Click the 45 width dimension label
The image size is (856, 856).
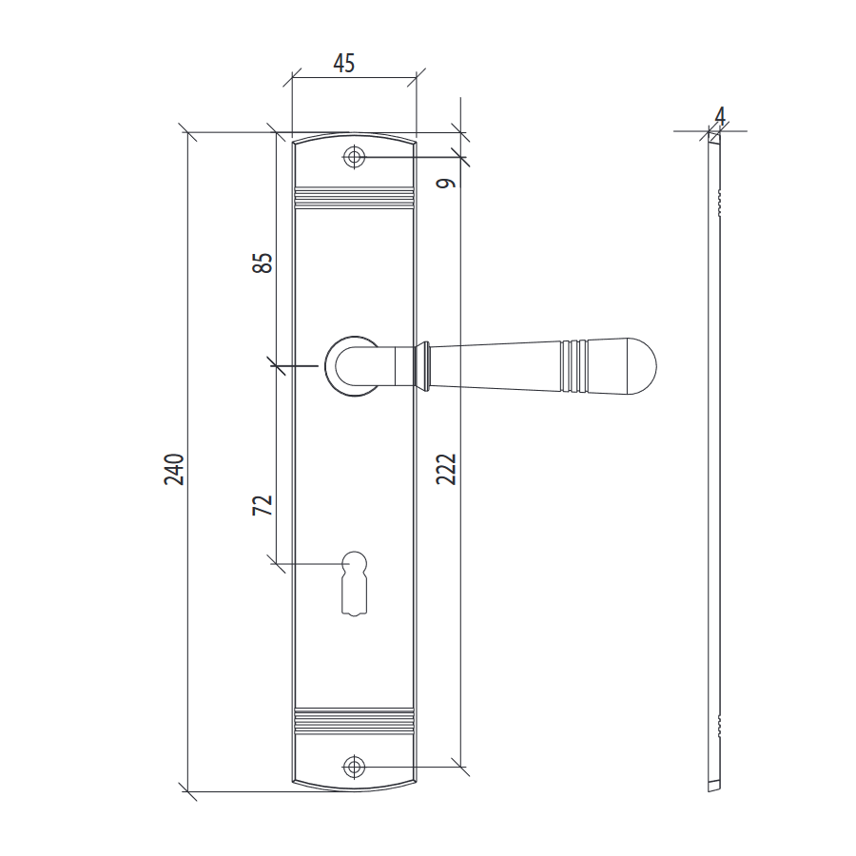(x=344, y=64)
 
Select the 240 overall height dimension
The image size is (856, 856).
(x=174, y=469)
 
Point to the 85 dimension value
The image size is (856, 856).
(x=263, y=263)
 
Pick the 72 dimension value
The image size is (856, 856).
(x=263, y=505)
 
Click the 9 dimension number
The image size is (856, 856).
(x=446, y=183)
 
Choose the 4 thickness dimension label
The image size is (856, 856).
(x=720, y=116)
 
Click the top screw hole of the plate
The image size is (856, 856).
(x=355, y=157)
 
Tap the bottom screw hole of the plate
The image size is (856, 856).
(x=355, y=767)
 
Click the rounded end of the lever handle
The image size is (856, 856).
(x=641, y=366)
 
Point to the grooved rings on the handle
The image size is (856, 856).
(x=574, y=366)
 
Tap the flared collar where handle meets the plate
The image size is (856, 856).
(x=422, y=366)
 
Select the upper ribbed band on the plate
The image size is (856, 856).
(x=355, y=198)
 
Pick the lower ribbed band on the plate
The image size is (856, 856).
(x=355, y=721)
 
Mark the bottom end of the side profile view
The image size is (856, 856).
(x=714, y=787)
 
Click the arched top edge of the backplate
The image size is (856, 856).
(x=355, y=135)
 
